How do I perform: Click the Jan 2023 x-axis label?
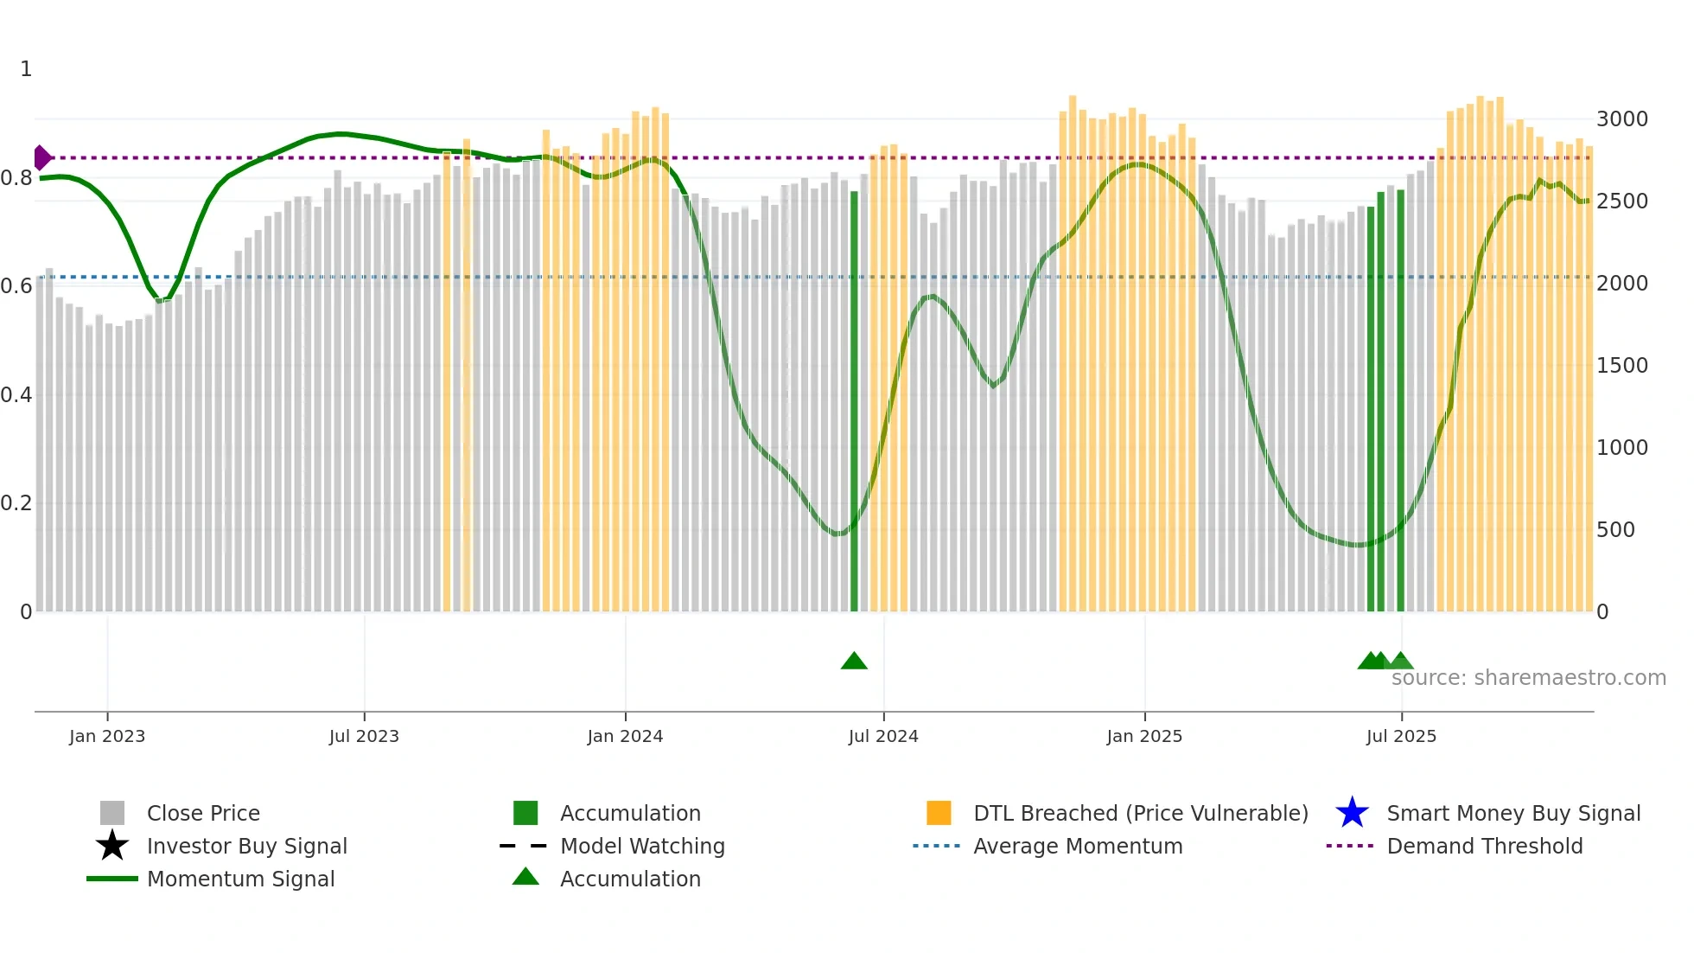[107, 736]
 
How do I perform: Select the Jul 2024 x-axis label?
[883, 736]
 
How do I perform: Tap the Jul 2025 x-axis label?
[1401, 736]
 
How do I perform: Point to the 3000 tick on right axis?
[1621, 119]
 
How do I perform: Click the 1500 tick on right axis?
[1621, 366]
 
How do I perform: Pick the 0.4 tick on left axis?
[16, 395]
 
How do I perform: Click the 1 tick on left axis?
[26, 69]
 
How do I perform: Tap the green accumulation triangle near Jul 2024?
[854, 662]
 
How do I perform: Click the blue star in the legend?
[1352, 813]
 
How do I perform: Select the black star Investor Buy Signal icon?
[112, 846]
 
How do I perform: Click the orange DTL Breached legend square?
[939, 813]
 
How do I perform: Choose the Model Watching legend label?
[642, 846]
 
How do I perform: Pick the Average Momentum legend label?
[1078, 846]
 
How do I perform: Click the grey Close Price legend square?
[112, 813]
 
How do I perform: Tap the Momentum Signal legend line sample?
[112, 879]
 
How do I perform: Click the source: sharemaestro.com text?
[1528, 678]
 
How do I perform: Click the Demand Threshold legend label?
[1484, 846]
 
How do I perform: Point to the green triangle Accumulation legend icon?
[525, 878]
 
